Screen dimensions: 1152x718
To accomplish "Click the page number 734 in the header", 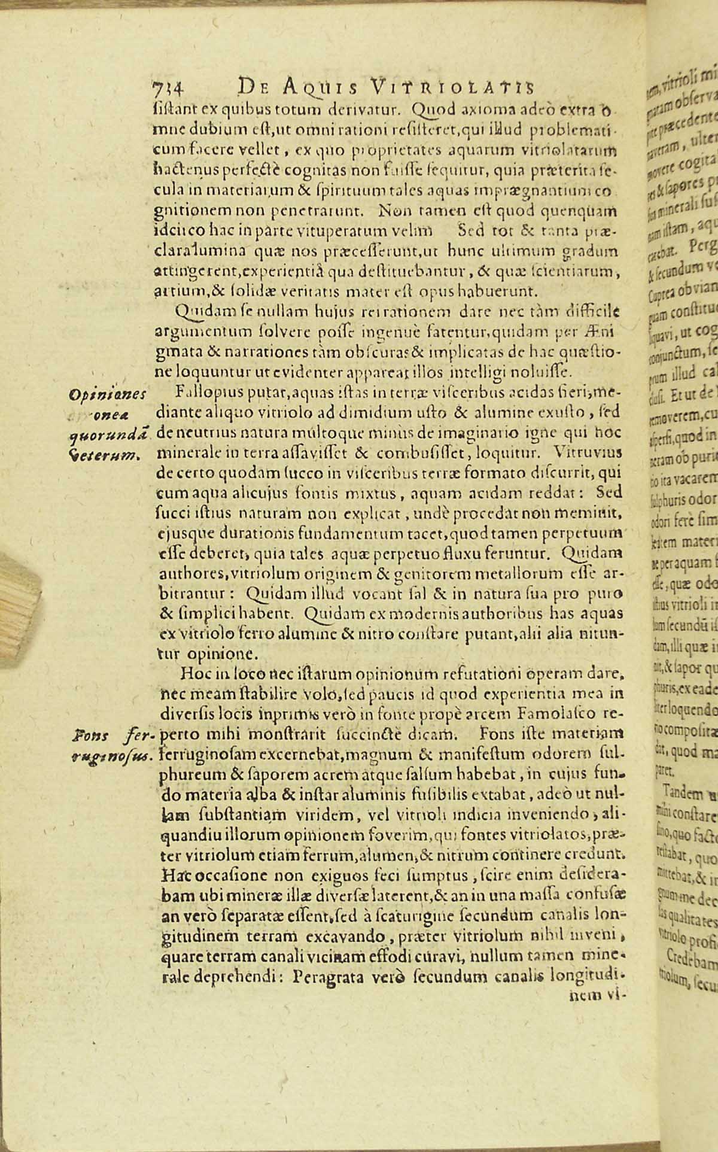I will pos(168,88).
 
